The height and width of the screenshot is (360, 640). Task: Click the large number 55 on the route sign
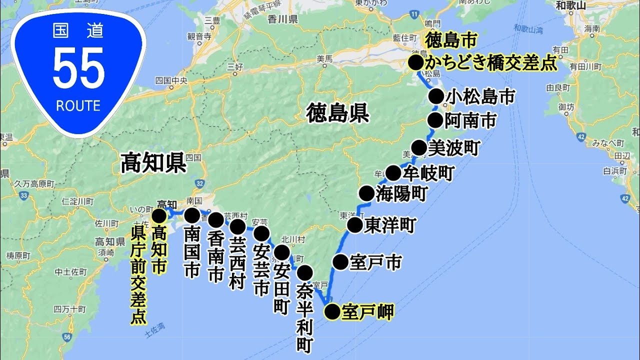[78, 69]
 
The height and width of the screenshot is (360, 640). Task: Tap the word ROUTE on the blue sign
[78, 106]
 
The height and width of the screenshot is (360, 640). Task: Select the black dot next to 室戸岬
[332, 312]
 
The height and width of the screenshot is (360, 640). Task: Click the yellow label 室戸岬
[367, 312]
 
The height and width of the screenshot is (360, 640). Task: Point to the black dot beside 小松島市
[436, 96]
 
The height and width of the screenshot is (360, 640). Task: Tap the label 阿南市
[470, 120]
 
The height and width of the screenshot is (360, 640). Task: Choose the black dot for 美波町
[419, 148]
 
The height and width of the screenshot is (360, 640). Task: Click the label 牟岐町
[428, 173]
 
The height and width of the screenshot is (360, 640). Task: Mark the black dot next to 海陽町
[366, 193]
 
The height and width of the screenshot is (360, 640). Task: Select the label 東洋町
[390, 225]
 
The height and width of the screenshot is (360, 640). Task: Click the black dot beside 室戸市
[340, 261]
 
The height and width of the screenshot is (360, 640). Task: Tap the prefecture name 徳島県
[338, 113]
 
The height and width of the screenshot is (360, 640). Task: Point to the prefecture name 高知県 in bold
[153, 163]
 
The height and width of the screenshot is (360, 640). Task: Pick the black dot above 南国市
[192, 215]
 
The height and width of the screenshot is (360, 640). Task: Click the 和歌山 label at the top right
[571, 6]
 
